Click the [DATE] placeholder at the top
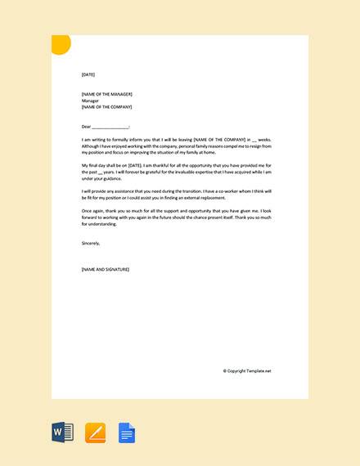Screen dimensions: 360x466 point(88,74)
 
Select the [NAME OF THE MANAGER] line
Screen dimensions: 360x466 point(106,94)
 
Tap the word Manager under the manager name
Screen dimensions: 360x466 point(90,101)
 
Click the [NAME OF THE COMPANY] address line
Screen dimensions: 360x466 point(106,107)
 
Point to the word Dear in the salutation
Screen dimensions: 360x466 point(86,127)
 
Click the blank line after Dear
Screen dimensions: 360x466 point(110,128)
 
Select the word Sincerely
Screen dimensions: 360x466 point(91,243)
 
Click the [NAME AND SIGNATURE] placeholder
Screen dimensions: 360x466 point(106,269)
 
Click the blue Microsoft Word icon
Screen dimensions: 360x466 point(63,432)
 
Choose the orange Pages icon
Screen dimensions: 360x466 point(95,432)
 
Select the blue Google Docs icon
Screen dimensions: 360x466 point(127,432)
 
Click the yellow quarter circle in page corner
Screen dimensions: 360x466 point(60,43)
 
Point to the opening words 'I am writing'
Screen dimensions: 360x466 point(93,140)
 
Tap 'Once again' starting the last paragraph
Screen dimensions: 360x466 point(94,211)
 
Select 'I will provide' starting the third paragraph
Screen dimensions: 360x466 point(95,191)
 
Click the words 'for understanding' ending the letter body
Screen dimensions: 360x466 point(98,223)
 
